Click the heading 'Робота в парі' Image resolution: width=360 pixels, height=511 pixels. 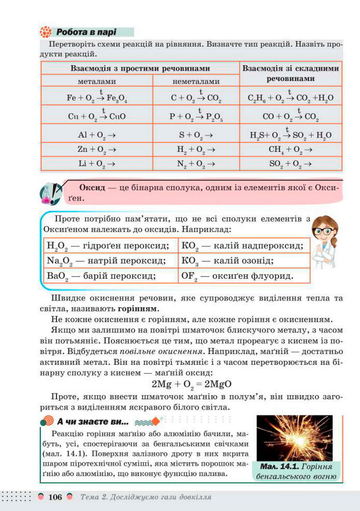86,32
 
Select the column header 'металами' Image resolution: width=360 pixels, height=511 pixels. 97,81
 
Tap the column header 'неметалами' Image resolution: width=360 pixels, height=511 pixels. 195,81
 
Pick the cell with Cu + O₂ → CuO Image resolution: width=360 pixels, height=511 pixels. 97,117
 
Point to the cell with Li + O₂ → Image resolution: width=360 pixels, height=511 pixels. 97,163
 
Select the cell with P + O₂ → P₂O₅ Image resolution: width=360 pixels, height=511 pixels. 195,117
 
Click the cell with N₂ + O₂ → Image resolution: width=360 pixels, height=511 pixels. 195,163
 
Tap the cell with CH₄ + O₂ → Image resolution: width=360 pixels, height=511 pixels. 290,149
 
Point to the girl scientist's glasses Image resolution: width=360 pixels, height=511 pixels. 325,231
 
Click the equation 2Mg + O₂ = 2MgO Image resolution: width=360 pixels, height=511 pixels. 191,385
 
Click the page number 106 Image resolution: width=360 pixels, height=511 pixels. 54,498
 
